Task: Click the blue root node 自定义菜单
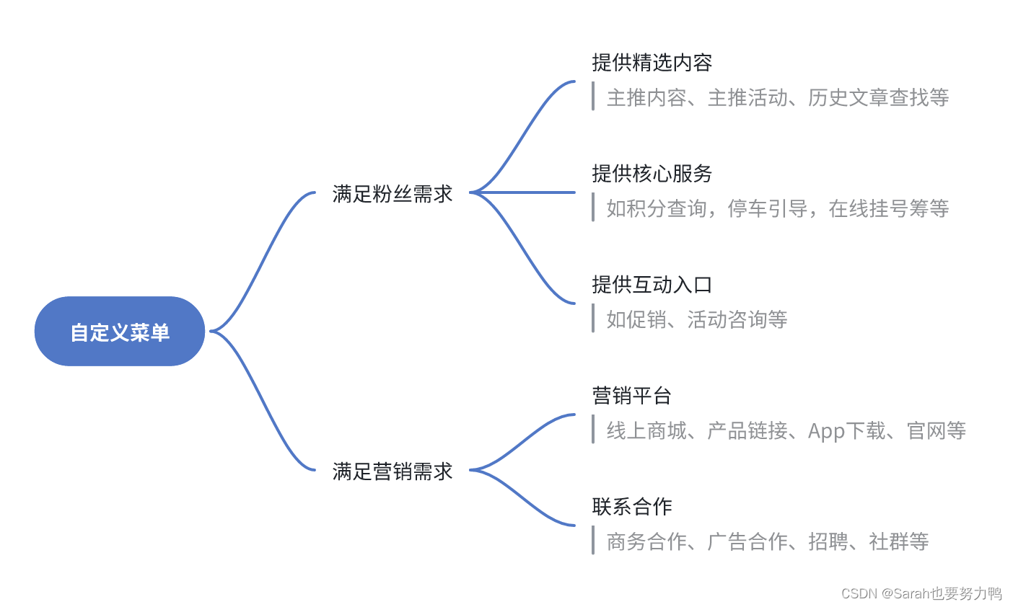coord(120,332)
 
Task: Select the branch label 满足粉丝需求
coord(393,193)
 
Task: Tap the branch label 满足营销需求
coord(393,471)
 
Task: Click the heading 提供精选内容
coord(652,63)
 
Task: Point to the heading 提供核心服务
coord(652,174)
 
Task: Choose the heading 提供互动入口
coord(652,285)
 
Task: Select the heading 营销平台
coord(631,396)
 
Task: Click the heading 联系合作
coord(631,507)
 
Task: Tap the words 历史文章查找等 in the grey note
coord(878,97)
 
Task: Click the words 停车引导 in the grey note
coord(767,208)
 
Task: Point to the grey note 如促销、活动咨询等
coord(696,319)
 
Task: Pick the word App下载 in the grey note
coord(846,430)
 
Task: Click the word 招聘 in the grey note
coord(828,541)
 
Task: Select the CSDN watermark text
coord(921,593)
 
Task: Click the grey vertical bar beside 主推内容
coord(593,96)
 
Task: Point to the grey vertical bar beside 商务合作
coord(593,540)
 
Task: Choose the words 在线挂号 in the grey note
coord(868,208)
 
